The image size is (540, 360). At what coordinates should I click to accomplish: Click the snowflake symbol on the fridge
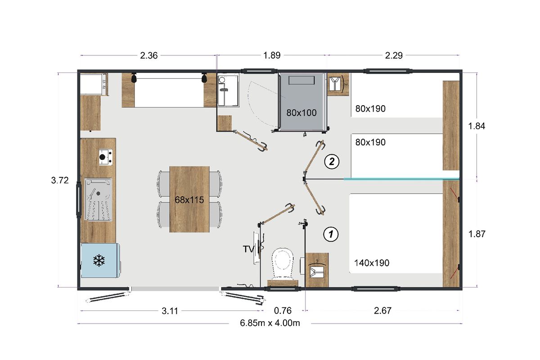click(x=99, y=261)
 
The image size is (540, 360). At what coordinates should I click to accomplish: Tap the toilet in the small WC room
click(x=283, y=265)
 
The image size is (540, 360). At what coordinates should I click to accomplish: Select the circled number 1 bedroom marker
click(x=331, y=234)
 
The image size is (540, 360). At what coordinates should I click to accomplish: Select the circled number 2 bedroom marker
click(x=332, y=161)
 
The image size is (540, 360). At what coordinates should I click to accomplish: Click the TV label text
click(x=248, y=249)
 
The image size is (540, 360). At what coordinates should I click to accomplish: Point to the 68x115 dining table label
click(x=189, y=200)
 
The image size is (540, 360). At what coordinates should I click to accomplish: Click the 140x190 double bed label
click(x=372, y=263)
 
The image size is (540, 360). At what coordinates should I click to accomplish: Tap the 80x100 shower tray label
click(x=301, y=112)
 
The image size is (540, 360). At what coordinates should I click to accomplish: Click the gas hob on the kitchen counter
click(x=106, y=157)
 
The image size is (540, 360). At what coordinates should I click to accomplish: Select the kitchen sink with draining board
click(x=98, y=199)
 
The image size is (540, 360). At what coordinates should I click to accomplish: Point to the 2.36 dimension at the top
click(x=149, y=55)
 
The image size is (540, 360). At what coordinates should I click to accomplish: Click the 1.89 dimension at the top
click(x=272, y=55)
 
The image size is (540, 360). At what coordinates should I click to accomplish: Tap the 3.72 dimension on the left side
click(x=60, y=180)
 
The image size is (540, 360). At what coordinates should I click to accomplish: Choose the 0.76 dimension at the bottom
click(x=283, y=310)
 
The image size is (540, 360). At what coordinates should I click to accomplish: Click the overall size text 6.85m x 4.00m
click(x=270, y=323)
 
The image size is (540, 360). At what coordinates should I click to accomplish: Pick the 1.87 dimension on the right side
click(x=477, y=234)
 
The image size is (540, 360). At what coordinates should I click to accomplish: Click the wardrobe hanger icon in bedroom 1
click(x=317, y=270)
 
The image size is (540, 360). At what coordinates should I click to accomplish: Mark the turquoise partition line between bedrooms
click(x=401, y=179)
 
